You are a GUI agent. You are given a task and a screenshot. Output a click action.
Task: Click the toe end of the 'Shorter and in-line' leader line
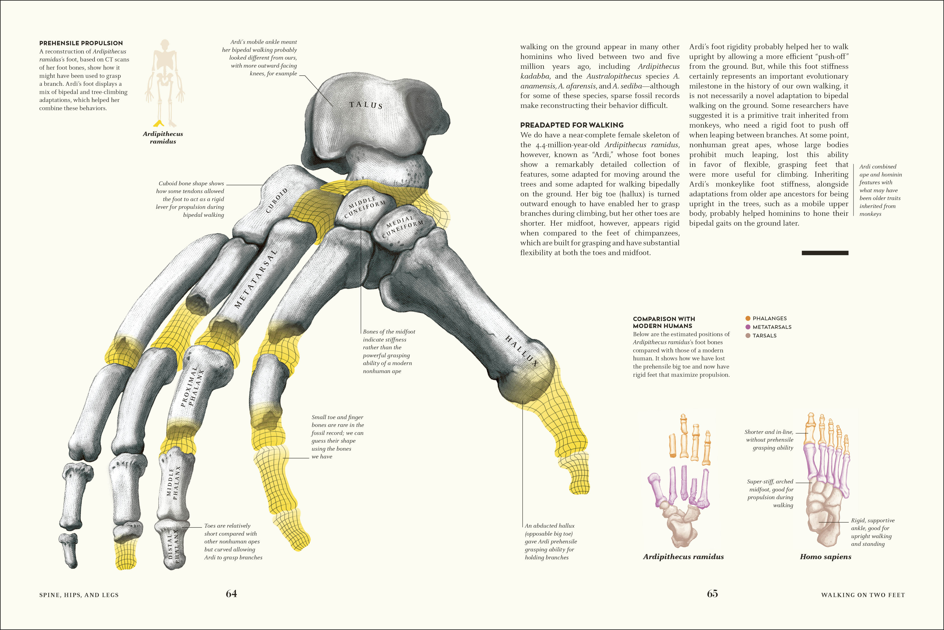807,433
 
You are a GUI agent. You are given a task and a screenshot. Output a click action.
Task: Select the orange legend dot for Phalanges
748,318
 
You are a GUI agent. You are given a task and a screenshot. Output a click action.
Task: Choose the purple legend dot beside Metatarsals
748,327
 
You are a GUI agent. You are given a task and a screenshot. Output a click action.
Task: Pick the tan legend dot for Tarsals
748,336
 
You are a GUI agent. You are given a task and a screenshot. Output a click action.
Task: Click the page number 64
231,594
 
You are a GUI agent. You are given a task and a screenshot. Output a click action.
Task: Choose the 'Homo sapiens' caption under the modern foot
825,556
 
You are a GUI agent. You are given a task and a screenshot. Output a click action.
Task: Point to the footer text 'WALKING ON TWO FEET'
863,595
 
